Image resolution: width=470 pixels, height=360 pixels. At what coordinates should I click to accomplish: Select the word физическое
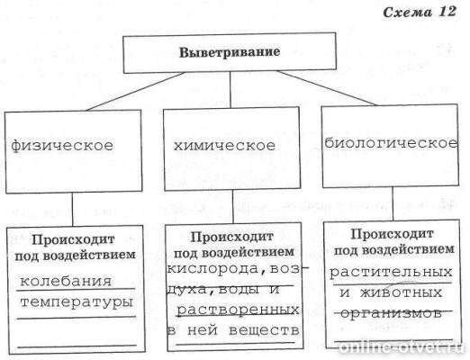point(62,144)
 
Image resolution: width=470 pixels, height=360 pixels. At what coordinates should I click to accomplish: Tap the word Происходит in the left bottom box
point(72,239)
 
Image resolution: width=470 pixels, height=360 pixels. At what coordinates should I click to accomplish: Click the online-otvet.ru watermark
point(414,346)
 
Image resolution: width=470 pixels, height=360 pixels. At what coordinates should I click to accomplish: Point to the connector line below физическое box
point(73,210)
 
